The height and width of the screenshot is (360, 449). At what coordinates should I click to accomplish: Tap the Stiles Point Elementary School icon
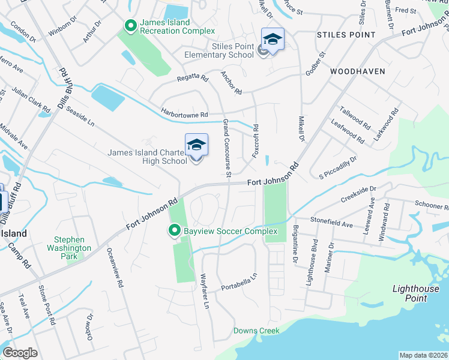click(x=273, y=40)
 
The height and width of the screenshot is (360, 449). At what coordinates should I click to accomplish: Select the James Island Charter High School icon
click(x=196, y=146)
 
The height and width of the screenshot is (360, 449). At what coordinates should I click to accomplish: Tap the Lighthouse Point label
click(x=418, y=293)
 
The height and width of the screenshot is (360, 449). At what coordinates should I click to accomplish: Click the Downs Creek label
click(x=256, y=331)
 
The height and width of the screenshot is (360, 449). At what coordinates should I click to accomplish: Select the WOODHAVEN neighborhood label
click(x=357, y=71)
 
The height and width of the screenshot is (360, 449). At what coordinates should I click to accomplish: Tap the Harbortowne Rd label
click(x=184, y=112)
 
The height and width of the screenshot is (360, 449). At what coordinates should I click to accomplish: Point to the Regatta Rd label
click(x=192, y=79)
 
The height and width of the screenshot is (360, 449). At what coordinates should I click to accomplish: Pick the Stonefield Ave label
click(x=332, y=224)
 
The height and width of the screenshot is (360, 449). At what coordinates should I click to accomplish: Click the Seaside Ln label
click(x=80, y=116)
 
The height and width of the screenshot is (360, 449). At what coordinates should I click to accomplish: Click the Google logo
click(x=20, y=353)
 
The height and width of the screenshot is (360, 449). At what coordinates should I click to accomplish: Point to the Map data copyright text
click(x=424, y=355)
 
